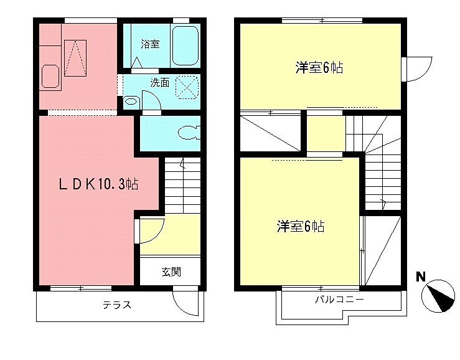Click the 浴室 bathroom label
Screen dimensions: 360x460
(150, 44)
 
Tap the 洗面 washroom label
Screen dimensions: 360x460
(159, 82)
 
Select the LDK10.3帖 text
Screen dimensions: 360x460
(98, 184)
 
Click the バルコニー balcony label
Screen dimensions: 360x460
(339, 300)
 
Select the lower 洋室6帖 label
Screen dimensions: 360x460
(301, 226)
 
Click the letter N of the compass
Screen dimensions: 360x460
(421, 276)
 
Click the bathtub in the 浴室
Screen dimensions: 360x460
(185, 45)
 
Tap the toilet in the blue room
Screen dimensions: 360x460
(187, 133)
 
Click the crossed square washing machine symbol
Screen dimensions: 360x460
(186, 87)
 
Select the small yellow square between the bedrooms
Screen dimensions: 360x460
(325, 133)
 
